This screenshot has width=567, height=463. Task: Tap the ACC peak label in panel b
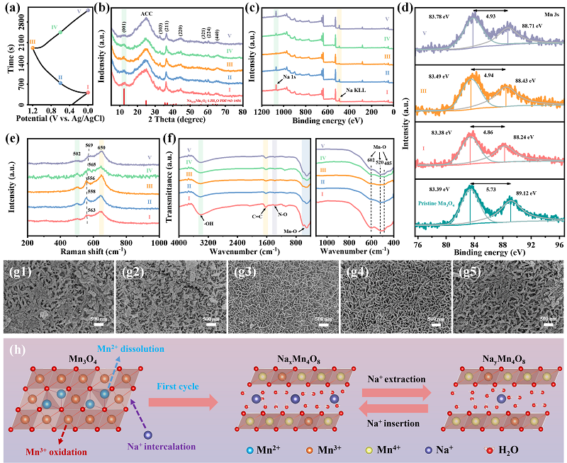point(147,13)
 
